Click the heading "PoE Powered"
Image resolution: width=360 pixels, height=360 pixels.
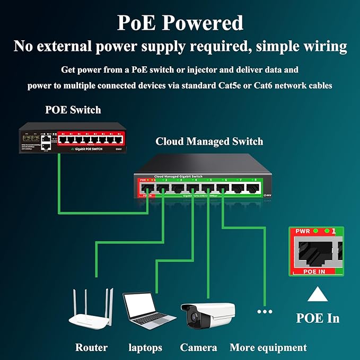tap(180, 23)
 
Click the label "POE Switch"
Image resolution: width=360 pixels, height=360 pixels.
tap(73, 110)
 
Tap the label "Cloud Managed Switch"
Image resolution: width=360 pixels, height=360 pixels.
tap(209, 142)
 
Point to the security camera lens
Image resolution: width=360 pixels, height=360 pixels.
tap(192, 318)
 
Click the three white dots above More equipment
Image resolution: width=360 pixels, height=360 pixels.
tap(265, 311)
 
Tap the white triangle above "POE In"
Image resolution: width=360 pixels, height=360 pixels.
tap(317, 294)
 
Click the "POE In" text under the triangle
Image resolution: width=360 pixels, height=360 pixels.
tap(317, 318)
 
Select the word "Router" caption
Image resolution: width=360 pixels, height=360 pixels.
tap(91, 348)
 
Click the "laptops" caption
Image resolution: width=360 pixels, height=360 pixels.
tap(145, 348)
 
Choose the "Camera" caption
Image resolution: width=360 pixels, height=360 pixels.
tap(198, 348)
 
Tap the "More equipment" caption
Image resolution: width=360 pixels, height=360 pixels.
tap(268, 348)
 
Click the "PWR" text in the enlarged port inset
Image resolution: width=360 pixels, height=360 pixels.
tap(302, 232)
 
